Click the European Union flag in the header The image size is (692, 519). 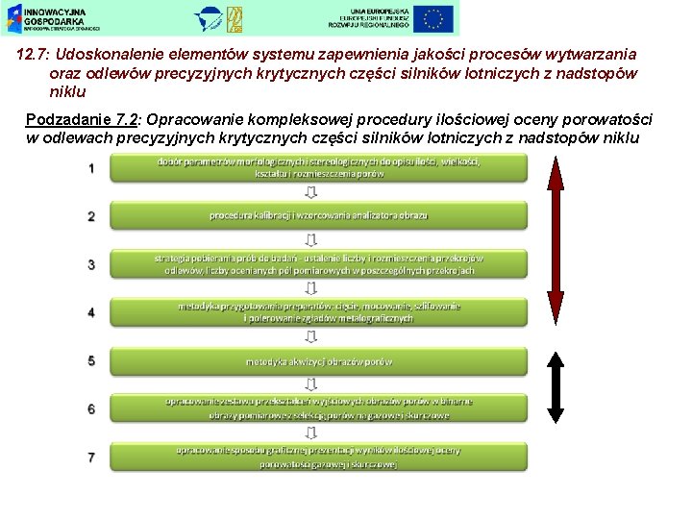pos(433,17)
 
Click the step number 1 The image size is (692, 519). pos(91,168)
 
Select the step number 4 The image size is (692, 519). pos(91,312)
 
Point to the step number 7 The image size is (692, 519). pos(91,457)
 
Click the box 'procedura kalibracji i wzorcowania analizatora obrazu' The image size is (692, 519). pos(318,215)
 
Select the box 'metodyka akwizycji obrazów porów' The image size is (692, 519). pos(318,360)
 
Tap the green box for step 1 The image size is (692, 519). pos(318,168)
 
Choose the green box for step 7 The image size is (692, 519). pos(318,457)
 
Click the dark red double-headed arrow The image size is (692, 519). pos(556,235)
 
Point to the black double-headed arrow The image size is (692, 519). pos(556,386)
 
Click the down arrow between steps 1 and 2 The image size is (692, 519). pos(310,191)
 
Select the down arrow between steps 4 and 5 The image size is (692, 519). pos(310,336)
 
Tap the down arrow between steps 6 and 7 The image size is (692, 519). pos(310,432)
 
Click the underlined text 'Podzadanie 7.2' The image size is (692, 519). pos(85,120)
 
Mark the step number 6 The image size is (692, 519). pos(91,408)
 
